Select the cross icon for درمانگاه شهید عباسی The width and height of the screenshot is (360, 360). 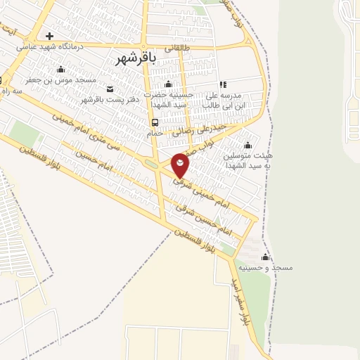[x=49, y=37]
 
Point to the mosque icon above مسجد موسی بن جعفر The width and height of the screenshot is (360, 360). [x=60, y=69]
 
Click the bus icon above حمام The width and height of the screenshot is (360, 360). [x=155, y=121]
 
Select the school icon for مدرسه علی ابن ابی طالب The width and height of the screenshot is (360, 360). [x=224, y=84]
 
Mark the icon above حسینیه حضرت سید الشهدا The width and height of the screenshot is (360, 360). [x=167, y=84]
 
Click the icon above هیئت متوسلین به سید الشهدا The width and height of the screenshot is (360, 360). [x=246, y=144]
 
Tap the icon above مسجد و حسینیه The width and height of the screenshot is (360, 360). [x=265, y=257]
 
